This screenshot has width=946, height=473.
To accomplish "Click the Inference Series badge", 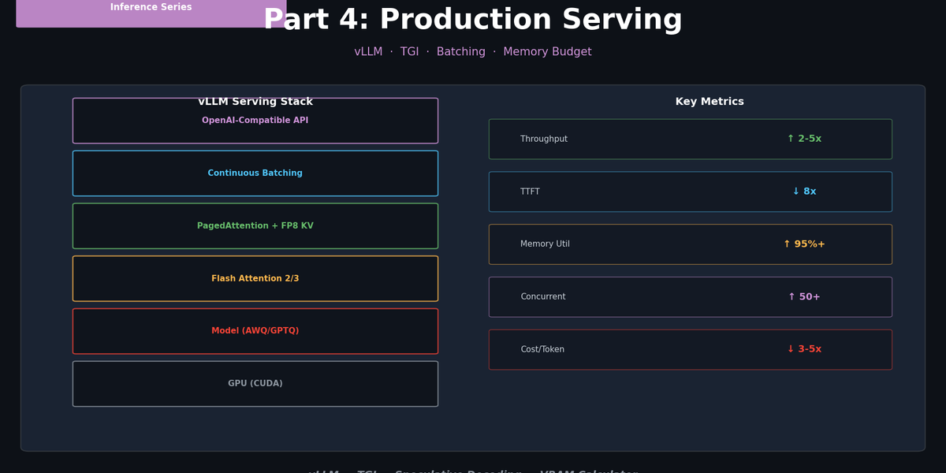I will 151,8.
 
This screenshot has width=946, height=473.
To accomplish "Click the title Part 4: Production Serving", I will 473,20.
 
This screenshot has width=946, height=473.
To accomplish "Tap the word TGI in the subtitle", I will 409,52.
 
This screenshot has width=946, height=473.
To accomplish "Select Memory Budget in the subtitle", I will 547,52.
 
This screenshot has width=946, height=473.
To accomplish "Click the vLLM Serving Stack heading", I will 255,102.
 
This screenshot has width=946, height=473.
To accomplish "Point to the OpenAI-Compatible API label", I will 255,121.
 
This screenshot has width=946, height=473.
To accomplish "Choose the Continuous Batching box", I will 255,173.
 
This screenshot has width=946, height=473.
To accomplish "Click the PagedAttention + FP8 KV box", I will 255,226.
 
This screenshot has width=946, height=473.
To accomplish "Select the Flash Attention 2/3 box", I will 255,278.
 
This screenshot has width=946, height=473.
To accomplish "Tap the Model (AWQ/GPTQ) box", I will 255,331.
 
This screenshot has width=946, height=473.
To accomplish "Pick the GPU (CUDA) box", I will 255,384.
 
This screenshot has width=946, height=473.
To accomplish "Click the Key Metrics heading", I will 709,102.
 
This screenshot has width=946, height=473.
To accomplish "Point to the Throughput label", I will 544,140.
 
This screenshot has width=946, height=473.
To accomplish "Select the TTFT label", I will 530,192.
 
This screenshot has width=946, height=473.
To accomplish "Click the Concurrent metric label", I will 543,297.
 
